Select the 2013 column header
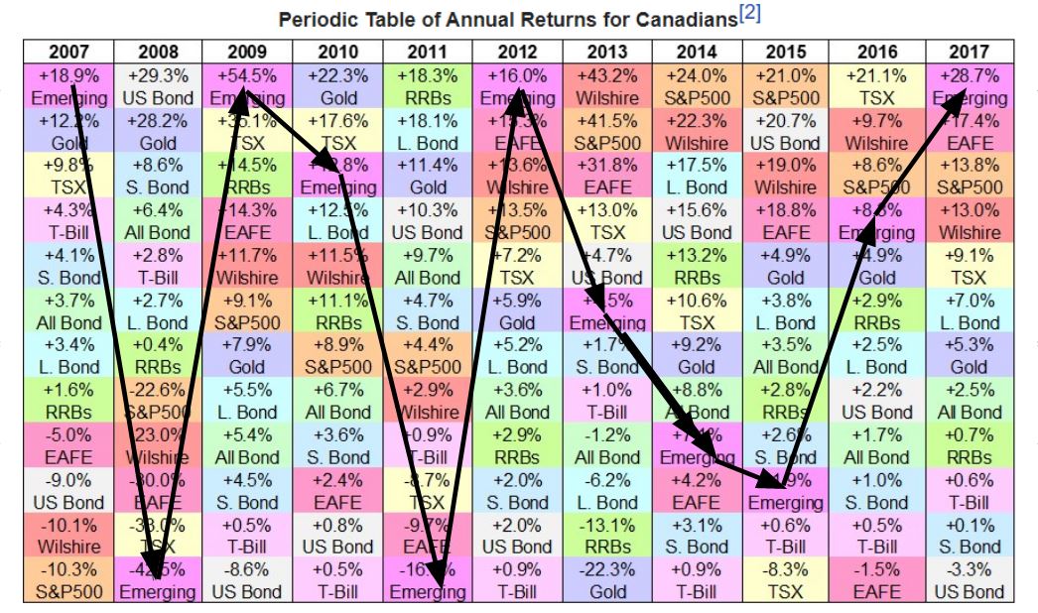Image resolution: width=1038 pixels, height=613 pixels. click(607, 52)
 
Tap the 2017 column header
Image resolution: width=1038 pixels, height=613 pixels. click(968, 52)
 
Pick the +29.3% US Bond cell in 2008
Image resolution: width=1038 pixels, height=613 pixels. click(158, 86)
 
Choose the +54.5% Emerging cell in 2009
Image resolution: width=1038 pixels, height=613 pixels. click(247, 86)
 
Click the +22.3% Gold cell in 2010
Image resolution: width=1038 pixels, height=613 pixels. click(337, 86)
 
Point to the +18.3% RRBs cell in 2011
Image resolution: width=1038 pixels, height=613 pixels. click(428, 86)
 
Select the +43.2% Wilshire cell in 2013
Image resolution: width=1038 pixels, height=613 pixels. click(607, 86)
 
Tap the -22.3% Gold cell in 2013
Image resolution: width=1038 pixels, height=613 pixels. click(607, 579)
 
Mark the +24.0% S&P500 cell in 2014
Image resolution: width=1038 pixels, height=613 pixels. click(698, 86)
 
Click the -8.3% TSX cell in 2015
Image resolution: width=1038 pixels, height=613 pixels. click(787, 579)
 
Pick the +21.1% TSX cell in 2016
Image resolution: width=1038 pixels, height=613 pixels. click(877, 86)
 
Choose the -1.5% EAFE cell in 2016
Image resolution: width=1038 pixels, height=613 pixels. click(877, 579)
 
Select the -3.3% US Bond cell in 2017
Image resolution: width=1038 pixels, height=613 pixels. click(968, 579)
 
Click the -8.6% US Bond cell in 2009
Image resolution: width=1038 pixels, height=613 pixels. click(247, 579)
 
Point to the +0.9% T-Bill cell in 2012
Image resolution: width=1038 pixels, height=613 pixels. click(517, 579)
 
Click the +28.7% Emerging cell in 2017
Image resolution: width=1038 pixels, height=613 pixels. click(968, 86)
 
